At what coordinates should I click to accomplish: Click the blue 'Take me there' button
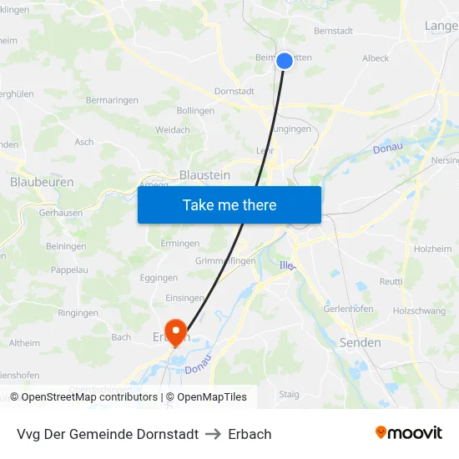click(x=229, y=204)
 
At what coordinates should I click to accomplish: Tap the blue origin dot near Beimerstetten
click(x=285, y=61)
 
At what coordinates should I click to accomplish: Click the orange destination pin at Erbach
click(x=175, y=332)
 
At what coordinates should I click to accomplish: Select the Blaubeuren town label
click(x=42, y=182)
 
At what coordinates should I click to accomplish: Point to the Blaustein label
click(x=204, y=175)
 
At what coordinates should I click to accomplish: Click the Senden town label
click(x=361, y=343)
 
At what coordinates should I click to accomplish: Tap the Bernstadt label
click(x=333, y=31)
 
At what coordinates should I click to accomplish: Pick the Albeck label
click(x=376, y=58)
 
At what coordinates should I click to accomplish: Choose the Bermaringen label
click(x=112, y=101)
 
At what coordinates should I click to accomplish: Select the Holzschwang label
click(x=419, y=310)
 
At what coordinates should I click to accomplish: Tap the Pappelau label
click(x=69, y=270)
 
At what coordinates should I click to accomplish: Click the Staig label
click(x=289, y=394)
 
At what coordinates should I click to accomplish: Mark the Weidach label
click(x=173, y=130)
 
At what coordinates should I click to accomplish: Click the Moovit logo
click(x=408, y=433)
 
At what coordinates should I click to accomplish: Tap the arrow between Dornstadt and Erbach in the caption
click(x=213, y=434)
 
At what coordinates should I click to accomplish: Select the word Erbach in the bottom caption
click(x=250, y=434)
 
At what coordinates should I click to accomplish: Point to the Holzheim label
click(x=432, y=249)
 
